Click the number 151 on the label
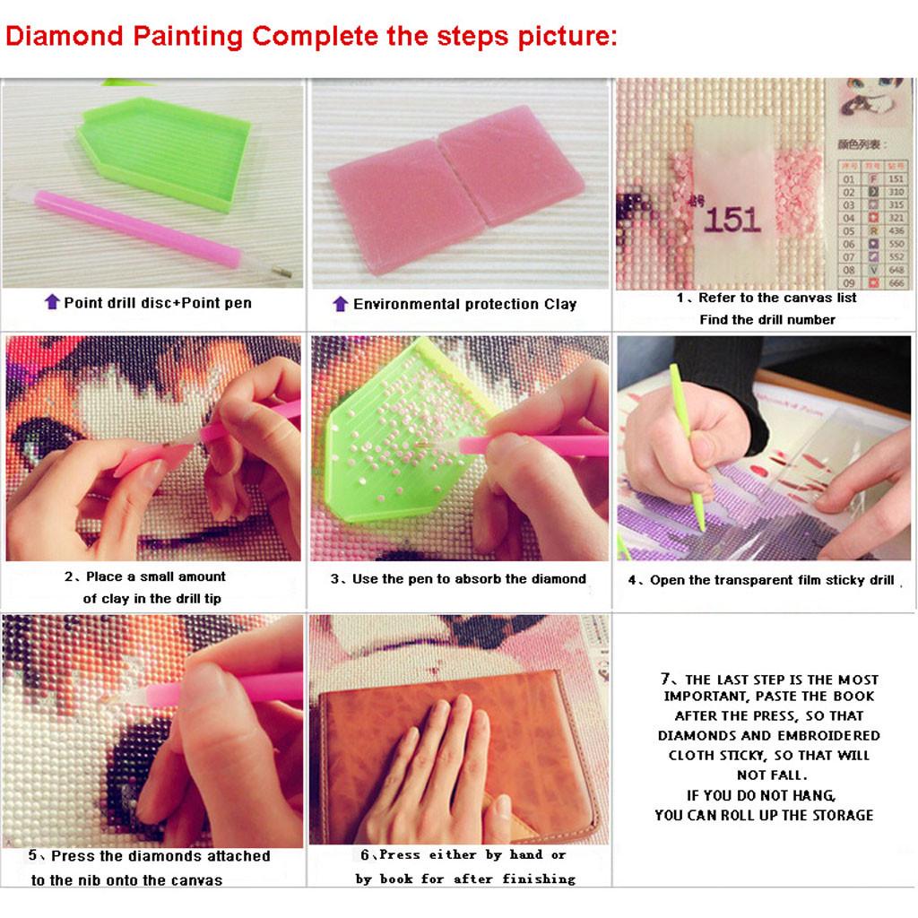[732, 219]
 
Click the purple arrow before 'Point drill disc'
[52, 302]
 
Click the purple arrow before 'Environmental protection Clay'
[340, 304]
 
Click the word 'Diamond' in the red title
[65, 37]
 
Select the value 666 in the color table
[896, 283]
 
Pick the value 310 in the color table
[896, 192]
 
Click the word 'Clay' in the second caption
[560, 304]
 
